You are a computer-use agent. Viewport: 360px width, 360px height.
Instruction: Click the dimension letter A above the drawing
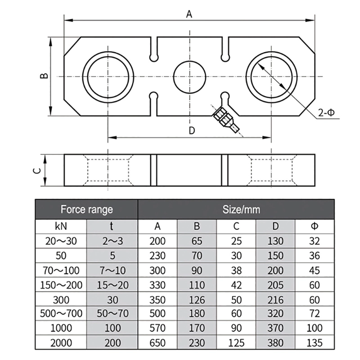[189, 14]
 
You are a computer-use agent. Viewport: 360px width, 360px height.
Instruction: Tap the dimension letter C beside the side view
[39, 170]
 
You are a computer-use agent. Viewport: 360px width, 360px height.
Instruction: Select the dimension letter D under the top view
[191, 130]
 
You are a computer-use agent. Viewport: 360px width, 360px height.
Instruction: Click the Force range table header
[86, 209]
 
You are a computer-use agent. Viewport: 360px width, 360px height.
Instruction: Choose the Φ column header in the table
[315, 226]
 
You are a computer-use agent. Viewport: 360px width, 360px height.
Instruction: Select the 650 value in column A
[157, 343]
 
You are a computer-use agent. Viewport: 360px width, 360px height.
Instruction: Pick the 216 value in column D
[275, 299]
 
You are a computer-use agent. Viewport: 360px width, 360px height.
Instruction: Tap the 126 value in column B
[197, 299]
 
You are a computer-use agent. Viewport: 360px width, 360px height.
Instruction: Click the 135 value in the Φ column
[315, 343]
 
